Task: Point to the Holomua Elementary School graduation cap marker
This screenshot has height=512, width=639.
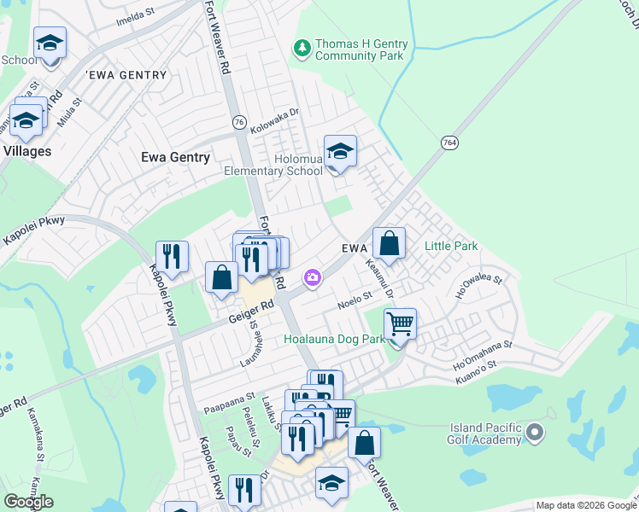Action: (x=340, y=153)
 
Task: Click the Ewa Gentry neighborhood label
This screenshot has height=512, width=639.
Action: (x=175, y=157)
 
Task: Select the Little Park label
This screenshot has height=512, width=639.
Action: (x=451, y=247)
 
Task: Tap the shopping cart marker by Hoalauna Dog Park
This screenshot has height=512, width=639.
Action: (x=399, y=324)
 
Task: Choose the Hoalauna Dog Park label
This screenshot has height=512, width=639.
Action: (x=334, y=339)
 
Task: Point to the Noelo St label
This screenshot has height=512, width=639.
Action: (x=355, y=300)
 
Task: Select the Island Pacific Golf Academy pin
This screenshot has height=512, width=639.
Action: (x=536, y=433)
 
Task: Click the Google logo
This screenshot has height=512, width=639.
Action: (x=28, y=502)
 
